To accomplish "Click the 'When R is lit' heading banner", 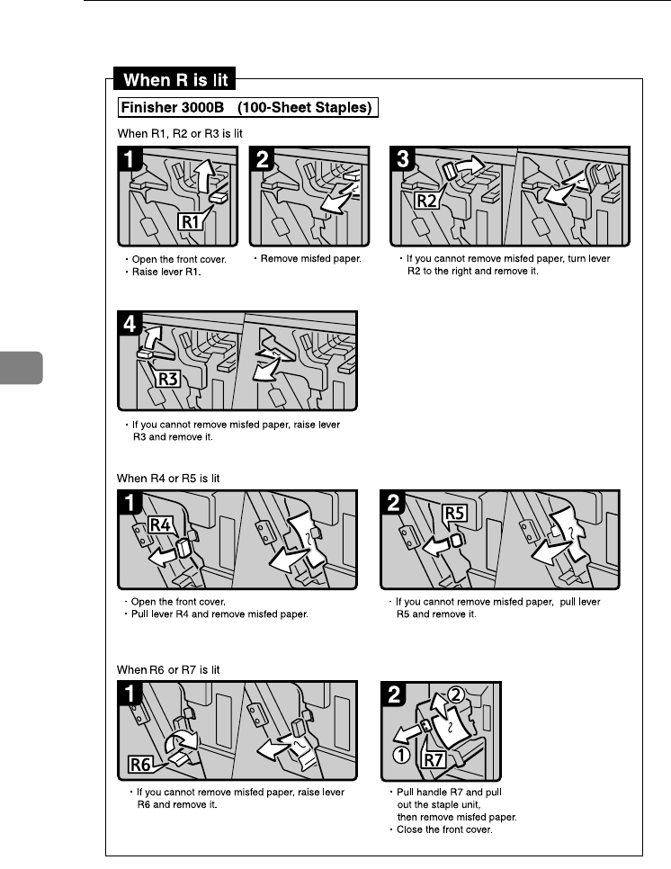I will pos(173,79).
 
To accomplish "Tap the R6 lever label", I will pos(139,766).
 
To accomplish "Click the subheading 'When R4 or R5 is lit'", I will pos(169,479).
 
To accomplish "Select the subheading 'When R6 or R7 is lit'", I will pos(169,670).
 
